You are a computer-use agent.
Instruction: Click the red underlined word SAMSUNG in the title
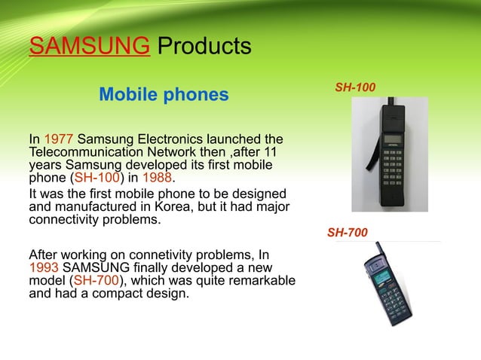(x=87, y=47)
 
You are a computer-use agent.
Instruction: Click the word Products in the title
(x=201, y=47)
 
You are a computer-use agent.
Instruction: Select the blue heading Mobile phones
(x=164, y=96)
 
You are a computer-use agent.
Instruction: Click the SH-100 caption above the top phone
(x=355, y=88)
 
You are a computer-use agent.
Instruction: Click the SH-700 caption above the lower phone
(x=348, y=233)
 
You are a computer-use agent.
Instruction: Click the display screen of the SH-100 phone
(x=391, y=140)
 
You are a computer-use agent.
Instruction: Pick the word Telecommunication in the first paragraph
(x=78, y=152)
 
